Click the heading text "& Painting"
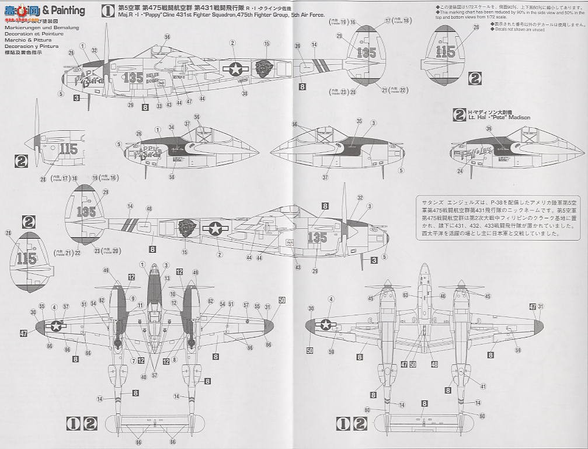point(64,10)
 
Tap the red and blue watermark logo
point(20,11)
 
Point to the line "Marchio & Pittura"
point(26,40)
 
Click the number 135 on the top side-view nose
point(133,77)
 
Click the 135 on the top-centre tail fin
point(366,52)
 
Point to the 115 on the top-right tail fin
point(446,52)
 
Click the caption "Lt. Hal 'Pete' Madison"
point(499,117)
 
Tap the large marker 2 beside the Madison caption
point(459,114)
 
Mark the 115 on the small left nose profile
point(68,149)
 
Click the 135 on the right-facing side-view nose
point(317,237)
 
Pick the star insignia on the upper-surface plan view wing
point(56,326)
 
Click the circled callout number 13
point(167,279)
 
